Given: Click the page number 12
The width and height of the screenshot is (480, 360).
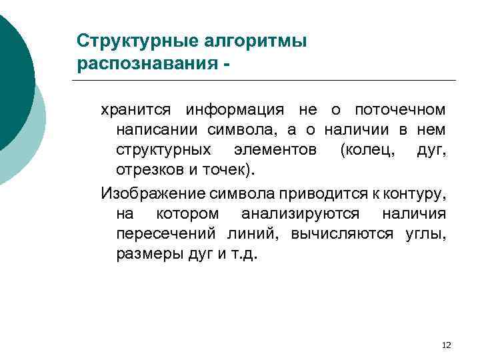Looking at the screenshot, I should [447, 345].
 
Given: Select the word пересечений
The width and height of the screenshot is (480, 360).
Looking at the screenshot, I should [163, 234].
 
